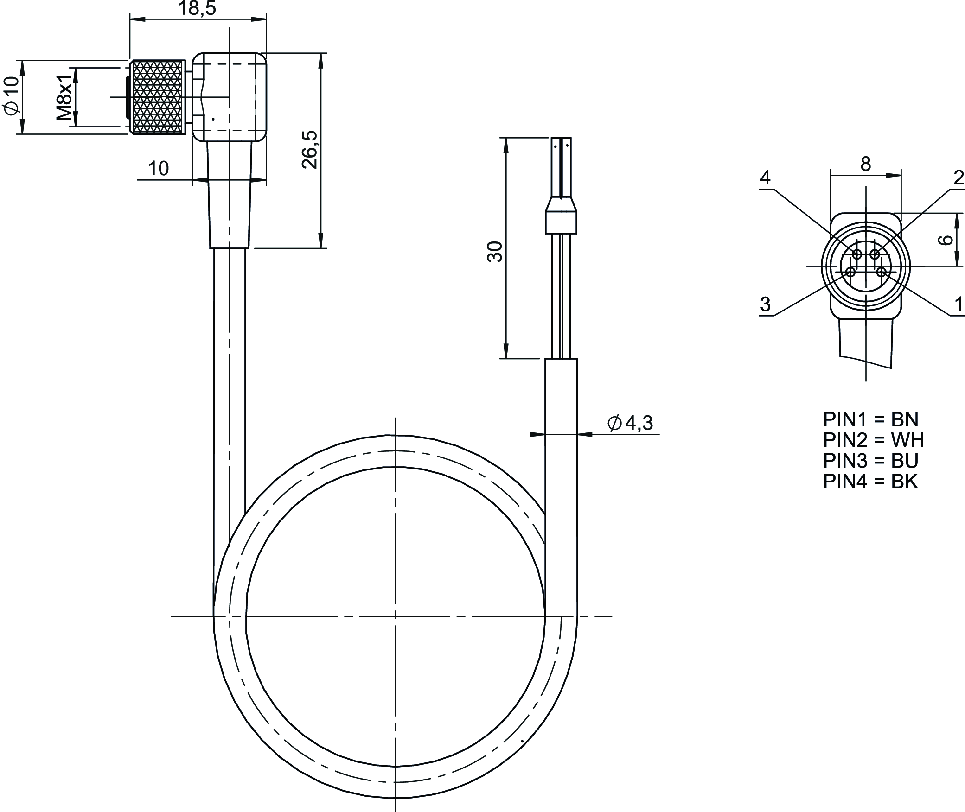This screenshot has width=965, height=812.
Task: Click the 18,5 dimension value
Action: pyautogui.click(x=197, y=8)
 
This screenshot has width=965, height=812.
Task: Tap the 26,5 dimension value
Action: pyautogui.click(x=310, y=150)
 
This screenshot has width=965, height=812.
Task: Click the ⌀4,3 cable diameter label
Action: pyautogui.click(x=630, y=423)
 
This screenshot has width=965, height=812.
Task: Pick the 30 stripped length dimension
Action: pyautogui.click(x=495, y=252)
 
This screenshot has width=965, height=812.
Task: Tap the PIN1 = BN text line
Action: pyautogui.click(x=870, y=419)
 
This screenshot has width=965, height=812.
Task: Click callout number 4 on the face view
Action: pyautogui.click(x=765, y=178)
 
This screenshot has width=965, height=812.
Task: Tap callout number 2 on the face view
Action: pyautogui.click(x=959, y=178)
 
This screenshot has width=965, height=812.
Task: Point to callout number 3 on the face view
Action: pyautogui.click(x=765, y=304)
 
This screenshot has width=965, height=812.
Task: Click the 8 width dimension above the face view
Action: pyautogui.click(x=866, y=164)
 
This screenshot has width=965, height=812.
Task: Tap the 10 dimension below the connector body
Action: pyautogui.click(x=159, y=169)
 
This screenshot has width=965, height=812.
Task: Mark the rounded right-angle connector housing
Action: pyautogui.click(x=230, y=97)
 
